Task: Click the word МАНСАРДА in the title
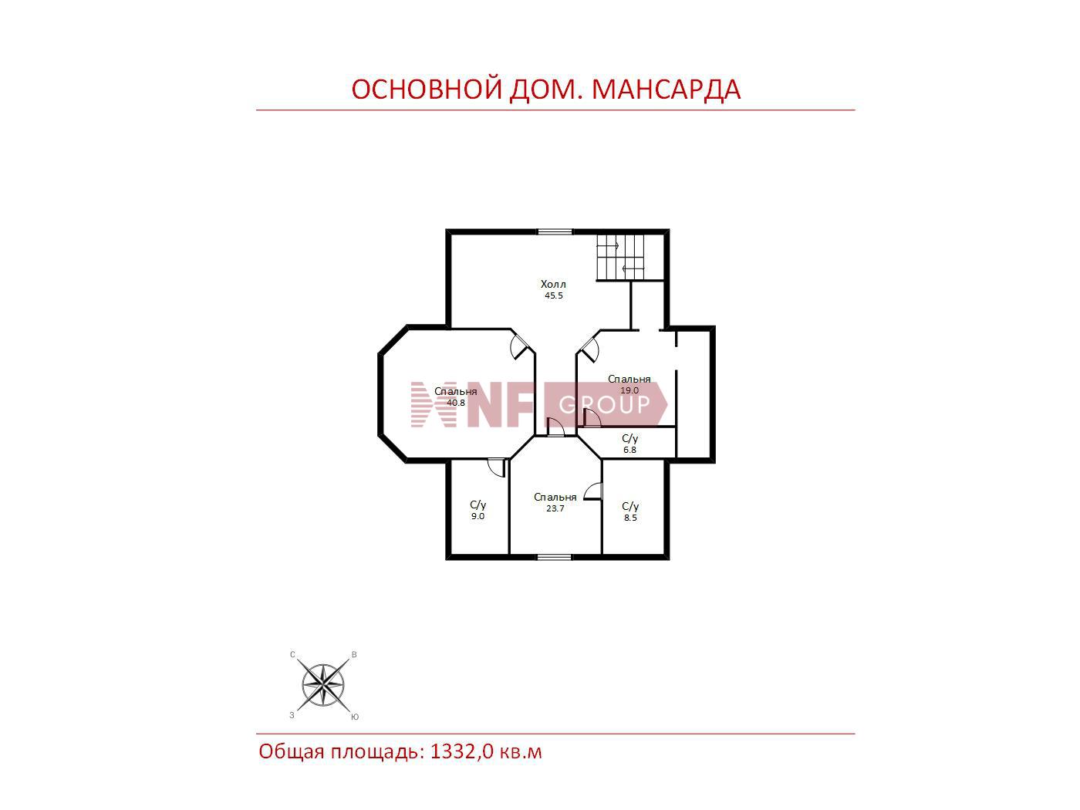(666, 89)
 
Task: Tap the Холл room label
(553, 284)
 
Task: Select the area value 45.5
(554, 295)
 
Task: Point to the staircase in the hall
(620, 257)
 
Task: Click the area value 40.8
(456, 402)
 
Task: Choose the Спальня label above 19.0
(629, 380)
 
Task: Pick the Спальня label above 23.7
(555, 498)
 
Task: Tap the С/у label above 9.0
(478, 505)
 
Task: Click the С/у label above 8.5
(630, 507)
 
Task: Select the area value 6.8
(629, 450)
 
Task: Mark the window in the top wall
(555, 231)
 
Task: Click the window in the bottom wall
(554, 557)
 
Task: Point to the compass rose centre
(322, 684)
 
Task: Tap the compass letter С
(292, 655)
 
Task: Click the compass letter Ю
(355, 717)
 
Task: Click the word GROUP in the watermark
(605, 404)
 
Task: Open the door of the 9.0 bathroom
(497, 467)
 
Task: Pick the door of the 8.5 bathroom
(593, 491)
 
